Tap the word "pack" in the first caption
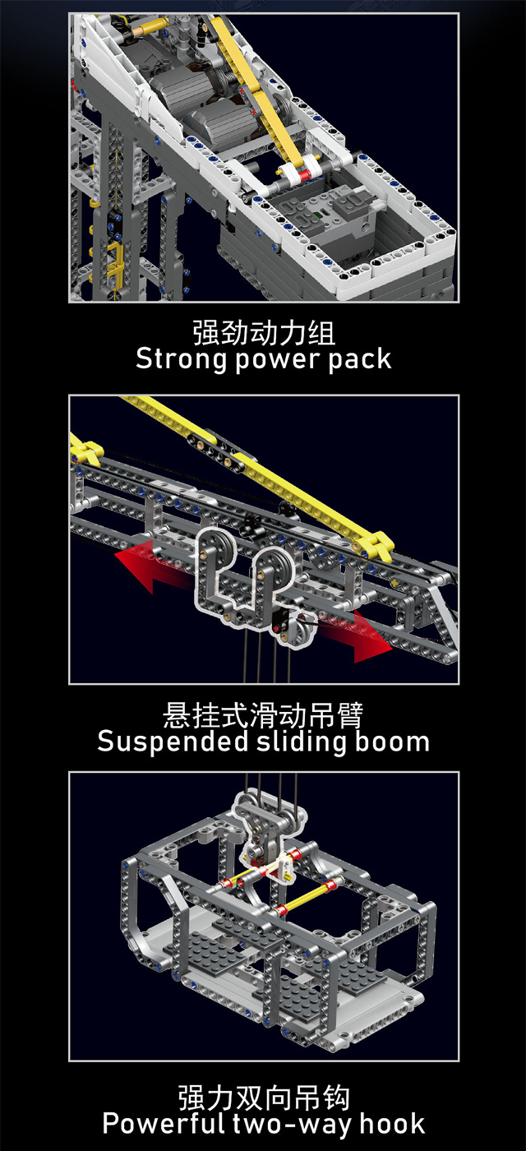[359, 359]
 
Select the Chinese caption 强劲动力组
[264, 333]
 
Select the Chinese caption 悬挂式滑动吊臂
[263, 714]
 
